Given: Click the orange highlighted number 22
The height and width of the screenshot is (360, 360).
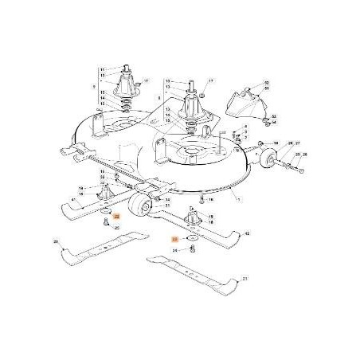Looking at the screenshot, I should (x=117, y=216).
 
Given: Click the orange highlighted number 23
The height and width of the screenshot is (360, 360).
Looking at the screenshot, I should (x=175, y=238).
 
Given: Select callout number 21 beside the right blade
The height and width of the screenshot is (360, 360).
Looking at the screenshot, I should (x=245, y=279).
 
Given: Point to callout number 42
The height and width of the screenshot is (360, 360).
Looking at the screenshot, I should (x=247, y=233).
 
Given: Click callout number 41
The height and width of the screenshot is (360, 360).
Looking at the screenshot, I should (x=53, y=199).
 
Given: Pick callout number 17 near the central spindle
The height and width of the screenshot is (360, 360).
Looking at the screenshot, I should (x=213, y=81).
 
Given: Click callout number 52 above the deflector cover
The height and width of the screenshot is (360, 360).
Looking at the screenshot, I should (x=267, y=83).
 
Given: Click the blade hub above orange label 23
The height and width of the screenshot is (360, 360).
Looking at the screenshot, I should (x=191, y=217).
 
